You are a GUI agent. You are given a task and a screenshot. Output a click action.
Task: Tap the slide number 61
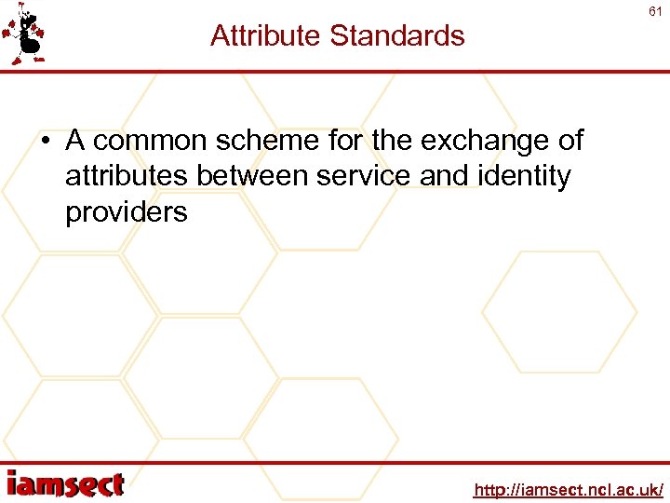pos(655,11)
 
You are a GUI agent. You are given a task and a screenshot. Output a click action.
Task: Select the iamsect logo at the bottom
pos(65,484)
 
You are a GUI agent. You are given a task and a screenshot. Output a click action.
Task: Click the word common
pos(151,141)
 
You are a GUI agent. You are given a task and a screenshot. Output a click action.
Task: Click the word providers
pos(126,212)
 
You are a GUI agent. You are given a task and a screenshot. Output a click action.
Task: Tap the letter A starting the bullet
pos(75,141)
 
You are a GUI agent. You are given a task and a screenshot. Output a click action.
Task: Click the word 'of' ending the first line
pos(570,141)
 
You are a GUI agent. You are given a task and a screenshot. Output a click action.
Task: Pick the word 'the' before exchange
pos(393,141)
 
